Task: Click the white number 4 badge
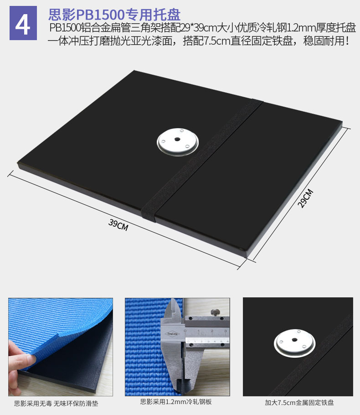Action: point(23,23)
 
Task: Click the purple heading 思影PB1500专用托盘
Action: point(114,14)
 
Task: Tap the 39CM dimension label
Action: point(118,225)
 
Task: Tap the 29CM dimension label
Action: point(305,198)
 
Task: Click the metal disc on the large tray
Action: point(177,142)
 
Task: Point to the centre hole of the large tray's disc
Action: point(177,139)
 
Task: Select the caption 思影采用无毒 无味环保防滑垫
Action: point(56,403)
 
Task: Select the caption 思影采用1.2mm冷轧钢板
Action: point(176,402)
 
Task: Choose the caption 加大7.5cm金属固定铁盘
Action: point(299,403)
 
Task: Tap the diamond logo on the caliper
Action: point(172,334)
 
